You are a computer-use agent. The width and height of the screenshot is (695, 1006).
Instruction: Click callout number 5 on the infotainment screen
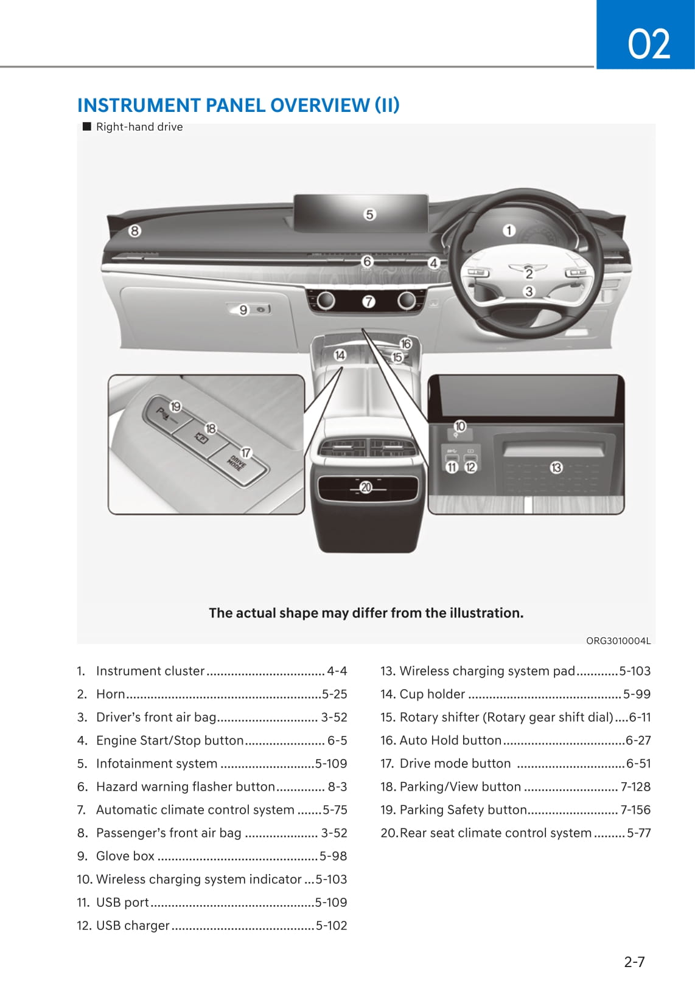click(x=369, y=215)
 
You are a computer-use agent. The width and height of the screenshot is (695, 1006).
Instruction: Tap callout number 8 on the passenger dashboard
click(x=134, y=231)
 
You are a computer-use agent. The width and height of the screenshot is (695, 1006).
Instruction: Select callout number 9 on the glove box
click(x=243, y=310)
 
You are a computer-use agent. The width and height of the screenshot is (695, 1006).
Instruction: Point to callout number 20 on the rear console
click(x=366, y=487)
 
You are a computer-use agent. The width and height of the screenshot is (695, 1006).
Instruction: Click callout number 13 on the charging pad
click(x=556, y=467)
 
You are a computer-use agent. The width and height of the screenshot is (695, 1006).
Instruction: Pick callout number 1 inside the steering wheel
click(x=509, y=231)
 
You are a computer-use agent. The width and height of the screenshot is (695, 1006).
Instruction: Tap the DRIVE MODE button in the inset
click(x=237, y=464)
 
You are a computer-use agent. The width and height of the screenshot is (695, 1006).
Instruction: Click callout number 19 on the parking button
click(x=175, y=406)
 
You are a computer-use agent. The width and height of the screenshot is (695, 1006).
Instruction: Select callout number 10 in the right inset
click(x=460, y=426)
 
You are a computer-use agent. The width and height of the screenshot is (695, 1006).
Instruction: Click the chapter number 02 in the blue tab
click(x=648, y=44)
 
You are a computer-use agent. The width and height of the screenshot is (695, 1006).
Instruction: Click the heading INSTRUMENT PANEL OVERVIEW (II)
click(x=238, y=105)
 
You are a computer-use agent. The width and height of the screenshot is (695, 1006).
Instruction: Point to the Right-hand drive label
click(x=139, y=127)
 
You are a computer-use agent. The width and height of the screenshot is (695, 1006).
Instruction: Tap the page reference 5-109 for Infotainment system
click(x=331, y=763)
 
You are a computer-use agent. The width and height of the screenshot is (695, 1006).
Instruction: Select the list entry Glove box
click(x=125, y=856)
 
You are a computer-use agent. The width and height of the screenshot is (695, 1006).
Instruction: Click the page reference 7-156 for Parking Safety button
click(x=635, y=810)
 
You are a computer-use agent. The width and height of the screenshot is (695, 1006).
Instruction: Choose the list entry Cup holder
click(x=432, y=694)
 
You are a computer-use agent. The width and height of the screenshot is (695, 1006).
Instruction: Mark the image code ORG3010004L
click(x=618, y=640)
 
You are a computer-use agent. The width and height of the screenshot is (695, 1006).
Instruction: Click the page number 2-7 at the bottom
click(x=634, y=962)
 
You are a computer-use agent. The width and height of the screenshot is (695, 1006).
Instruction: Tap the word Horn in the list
click(x=111, y=694)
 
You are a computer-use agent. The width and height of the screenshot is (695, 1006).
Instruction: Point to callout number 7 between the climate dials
click(x=369, y=301)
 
